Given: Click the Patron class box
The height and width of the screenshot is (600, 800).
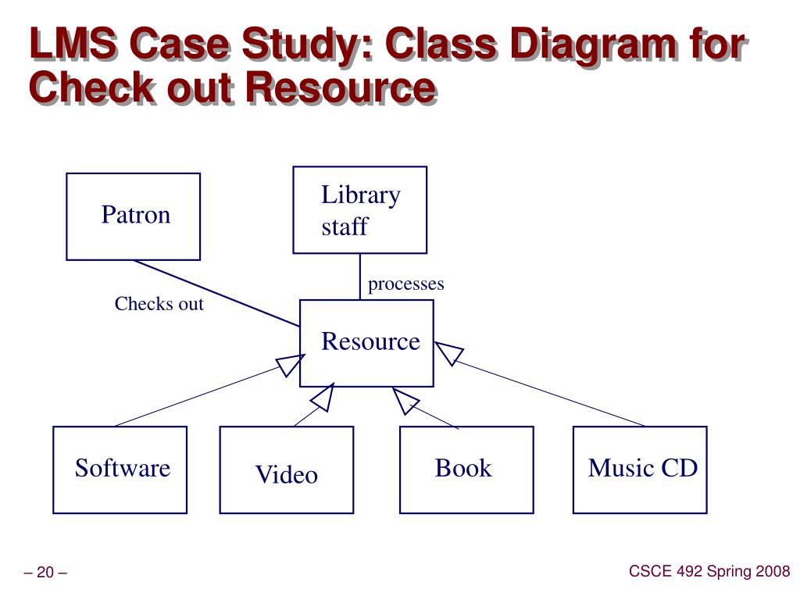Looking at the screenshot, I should (133, 216).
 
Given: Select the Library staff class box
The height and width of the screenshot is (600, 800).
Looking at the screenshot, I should (359, 210).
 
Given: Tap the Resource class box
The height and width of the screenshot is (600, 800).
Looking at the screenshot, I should (366, 342).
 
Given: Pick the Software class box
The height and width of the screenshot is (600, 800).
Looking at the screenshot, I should (120, 470).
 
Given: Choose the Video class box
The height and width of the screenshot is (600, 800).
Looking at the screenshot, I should (286, 470).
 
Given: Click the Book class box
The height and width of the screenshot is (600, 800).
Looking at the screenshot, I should (466, 470).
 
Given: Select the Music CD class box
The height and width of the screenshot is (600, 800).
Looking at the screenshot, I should (640, 470).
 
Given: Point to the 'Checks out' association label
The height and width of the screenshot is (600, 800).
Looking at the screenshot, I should (159, 304).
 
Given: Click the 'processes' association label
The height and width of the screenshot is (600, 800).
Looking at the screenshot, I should (405, 284).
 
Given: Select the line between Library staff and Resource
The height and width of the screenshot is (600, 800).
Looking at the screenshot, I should (360, 276).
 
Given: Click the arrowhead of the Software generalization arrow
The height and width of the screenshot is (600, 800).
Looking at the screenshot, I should (289, 364).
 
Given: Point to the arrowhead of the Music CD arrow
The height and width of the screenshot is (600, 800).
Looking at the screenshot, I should (448, 354).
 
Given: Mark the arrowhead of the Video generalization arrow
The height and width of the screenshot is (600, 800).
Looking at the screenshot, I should (323, 398).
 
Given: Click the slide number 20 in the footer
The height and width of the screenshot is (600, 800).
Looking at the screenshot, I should (45, 573).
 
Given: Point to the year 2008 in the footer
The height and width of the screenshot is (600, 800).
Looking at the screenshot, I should (772, 572).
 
